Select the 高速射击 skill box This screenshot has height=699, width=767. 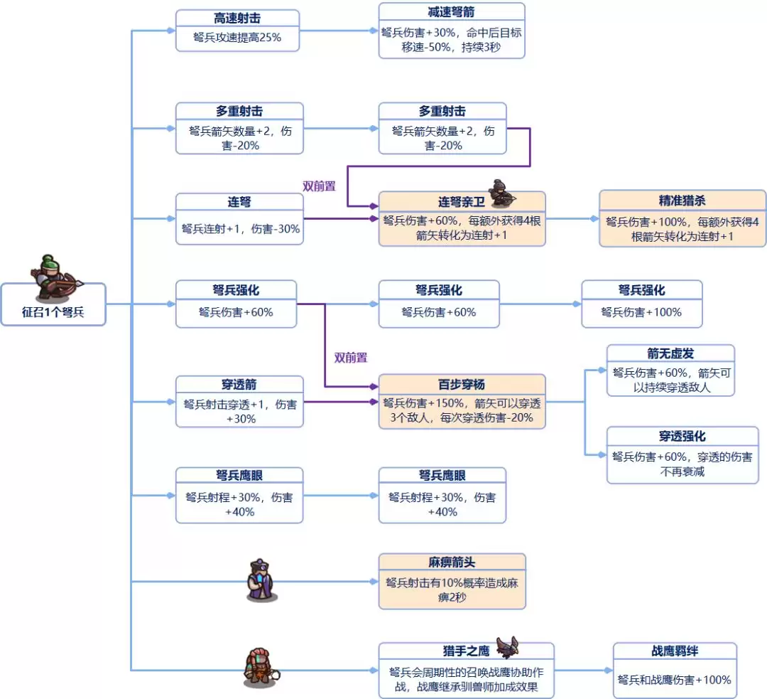pos(237,30)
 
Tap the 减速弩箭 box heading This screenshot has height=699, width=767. pos(451,12)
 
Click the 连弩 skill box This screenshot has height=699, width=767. pos(239,219)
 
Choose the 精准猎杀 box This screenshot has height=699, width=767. pos(682,218)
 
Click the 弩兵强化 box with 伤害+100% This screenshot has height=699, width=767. pos(641,304)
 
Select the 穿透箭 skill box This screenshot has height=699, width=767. pos(239,402)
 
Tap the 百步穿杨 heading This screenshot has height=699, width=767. pos(461,385)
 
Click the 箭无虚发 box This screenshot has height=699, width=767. pos(670,370)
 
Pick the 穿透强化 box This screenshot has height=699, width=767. pos(682,455)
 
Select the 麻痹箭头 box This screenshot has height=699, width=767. pos(452,582)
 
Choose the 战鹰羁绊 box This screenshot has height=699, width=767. pos(675,671)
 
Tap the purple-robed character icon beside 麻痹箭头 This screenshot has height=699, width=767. pos(259,580)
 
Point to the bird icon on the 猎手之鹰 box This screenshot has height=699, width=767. pos(508,646)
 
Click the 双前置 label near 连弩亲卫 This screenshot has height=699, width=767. pos(319,186)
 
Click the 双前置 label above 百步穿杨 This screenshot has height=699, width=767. pos(351,358)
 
